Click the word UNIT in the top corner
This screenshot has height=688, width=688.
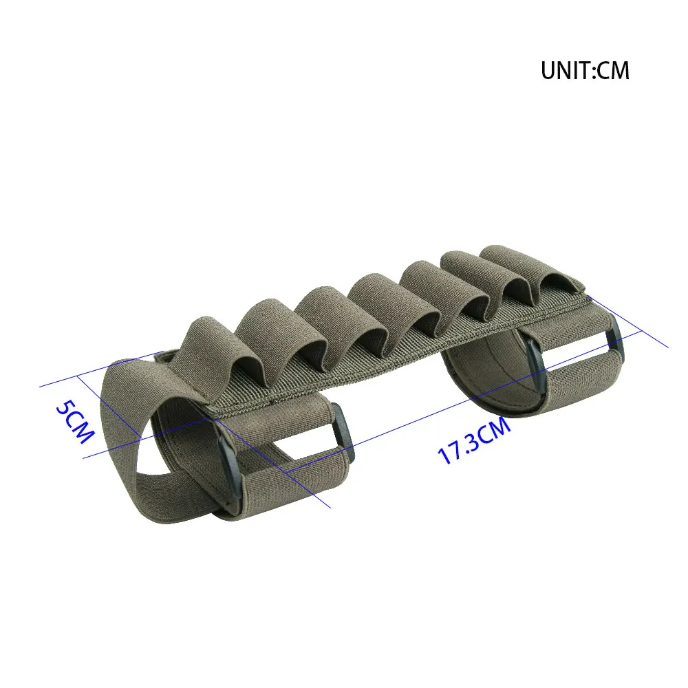tap(566, 70)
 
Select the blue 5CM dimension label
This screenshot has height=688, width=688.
tap(74, 422)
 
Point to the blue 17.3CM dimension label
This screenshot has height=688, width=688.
tap(474, 440)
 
